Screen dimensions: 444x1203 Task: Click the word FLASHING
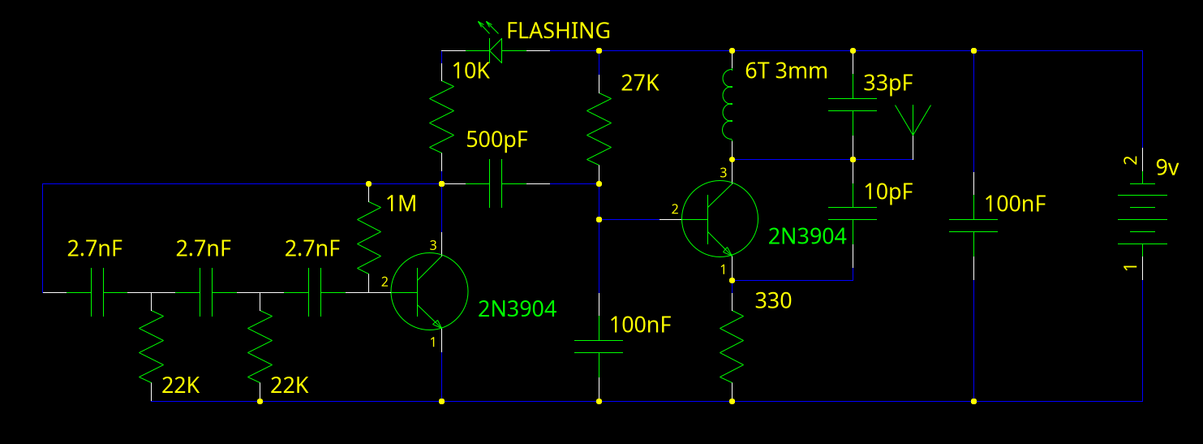(x=558, y=31)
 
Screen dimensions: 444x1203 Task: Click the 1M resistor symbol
(x=369, y=237)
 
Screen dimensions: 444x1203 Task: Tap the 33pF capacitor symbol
(x=853, y=106)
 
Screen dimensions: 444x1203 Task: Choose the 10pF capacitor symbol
(x=853, y=213)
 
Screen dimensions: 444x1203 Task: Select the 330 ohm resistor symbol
(x=733, y=345)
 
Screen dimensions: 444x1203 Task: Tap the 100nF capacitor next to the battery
(x=973, y=224)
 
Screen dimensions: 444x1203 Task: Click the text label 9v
(x=1167, y=168)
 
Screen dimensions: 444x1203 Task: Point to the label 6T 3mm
(x=786, y=71)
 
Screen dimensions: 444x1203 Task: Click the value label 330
(x=773, y=301)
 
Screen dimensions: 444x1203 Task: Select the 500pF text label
(x=496, y=140)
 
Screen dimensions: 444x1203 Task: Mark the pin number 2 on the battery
(x=1130, y=162)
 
